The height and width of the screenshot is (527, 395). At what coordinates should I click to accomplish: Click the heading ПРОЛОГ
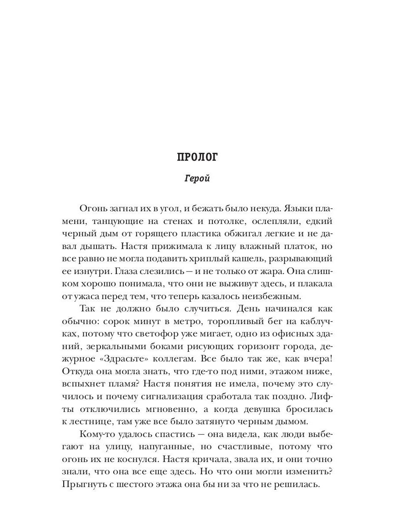(x=197, y=157)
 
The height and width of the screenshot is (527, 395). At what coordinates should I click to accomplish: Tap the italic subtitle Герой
(x=197, y=179)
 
